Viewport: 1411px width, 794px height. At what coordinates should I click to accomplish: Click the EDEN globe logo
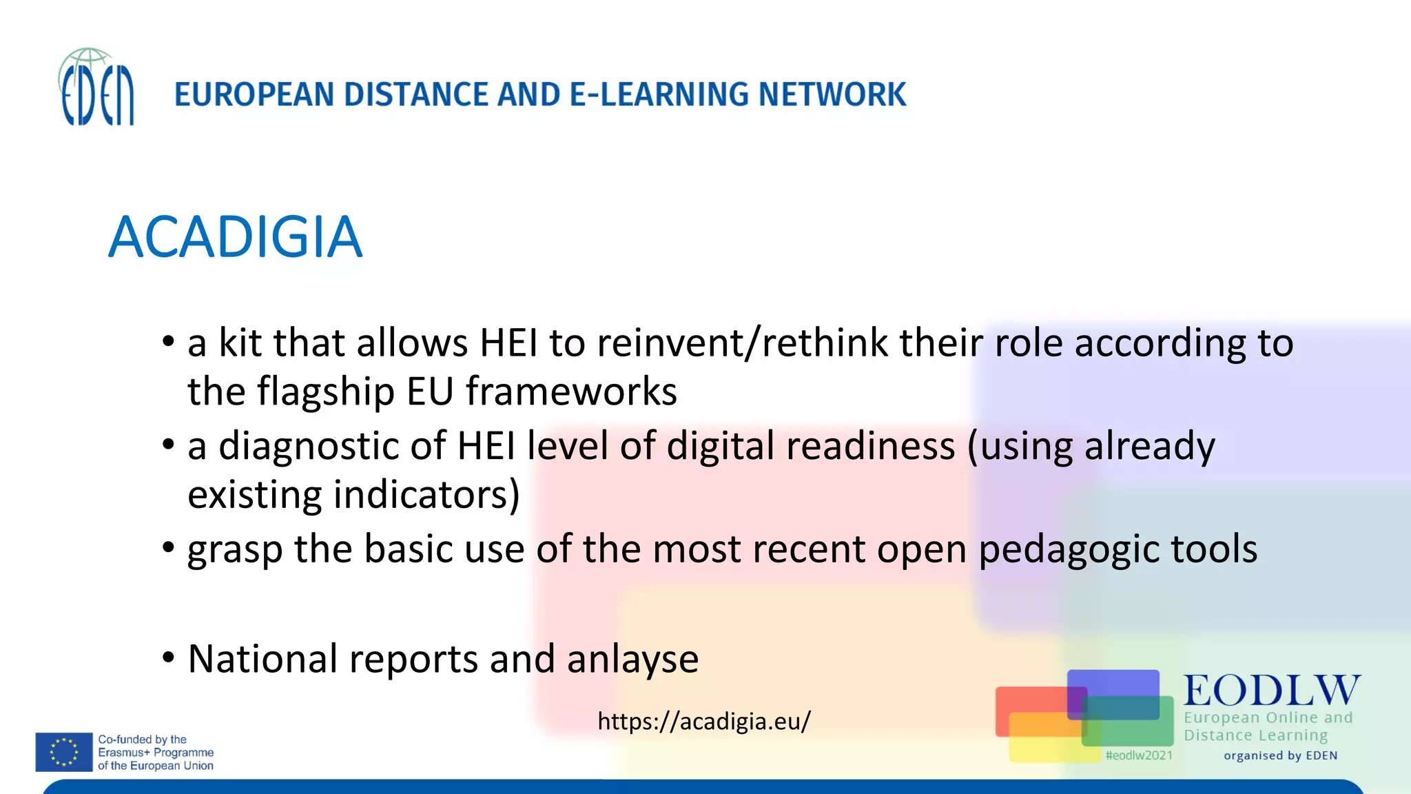[x=96, y=87]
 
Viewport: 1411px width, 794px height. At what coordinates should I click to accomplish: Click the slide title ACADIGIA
[x=235, y=237]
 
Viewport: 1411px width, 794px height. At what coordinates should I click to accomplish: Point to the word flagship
[x=325, y=391]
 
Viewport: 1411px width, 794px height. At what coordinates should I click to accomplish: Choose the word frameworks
[x=571, y=391]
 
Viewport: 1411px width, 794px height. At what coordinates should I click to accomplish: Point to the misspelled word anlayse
[x=632, y=659]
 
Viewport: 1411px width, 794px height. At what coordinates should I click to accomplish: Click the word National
[x=262, y=658]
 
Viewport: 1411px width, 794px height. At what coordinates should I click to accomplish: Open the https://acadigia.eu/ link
[x=704, y=721]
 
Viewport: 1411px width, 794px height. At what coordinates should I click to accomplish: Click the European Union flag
[x=64, y=751]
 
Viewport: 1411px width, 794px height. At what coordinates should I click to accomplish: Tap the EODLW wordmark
[x=1272, y=690]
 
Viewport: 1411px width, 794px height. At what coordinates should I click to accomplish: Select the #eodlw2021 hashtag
[x=1138, y=755]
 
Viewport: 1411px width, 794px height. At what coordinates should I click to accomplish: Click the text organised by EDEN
[x=1280, y=755]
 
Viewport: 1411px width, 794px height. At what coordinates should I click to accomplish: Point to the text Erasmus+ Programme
[x=156, y=752]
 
